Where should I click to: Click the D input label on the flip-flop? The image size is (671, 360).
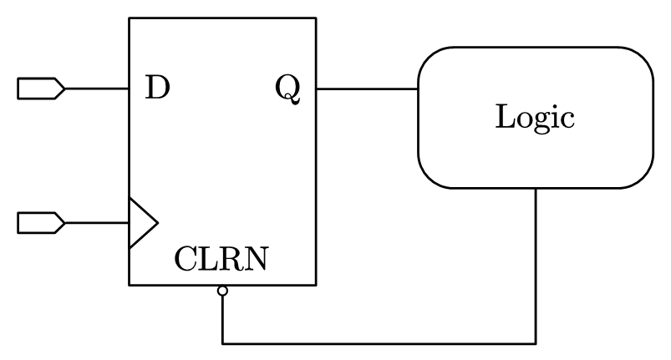[156, 87]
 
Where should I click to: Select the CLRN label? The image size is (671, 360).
[221, 260]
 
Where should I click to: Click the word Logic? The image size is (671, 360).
[535, 116]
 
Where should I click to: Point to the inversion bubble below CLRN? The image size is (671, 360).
[222, 291]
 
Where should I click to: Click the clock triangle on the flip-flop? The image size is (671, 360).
[141, 223]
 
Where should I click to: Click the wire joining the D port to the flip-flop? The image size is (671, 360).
[96, 88]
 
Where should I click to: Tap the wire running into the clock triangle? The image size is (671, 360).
[96, 223]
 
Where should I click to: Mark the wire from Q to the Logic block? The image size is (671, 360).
[367, 88]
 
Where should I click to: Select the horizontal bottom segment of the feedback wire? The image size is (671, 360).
[376, 342]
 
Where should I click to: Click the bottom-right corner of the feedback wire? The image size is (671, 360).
[536, 342]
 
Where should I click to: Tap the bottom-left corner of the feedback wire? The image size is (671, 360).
[222, 342]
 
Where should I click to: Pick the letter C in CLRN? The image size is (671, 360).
[185, 260]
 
